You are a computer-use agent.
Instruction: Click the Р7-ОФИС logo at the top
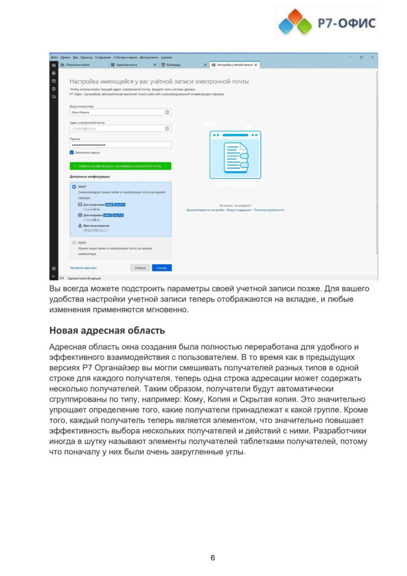(x=326, y=22)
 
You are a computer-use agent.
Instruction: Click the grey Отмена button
(x=140, y=268)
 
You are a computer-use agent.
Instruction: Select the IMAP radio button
(x=74, y=186)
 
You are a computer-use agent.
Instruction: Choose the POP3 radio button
(x=74, y=242)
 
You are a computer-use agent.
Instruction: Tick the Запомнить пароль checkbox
(x=72, y=152)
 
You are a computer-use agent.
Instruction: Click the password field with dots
(x=120, y=145)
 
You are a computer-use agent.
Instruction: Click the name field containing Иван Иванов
(x=120, y=112)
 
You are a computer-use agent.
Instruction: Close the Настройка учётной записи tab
(x=256, y=65)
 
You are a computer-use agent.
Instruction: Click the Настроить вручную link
(x=83, y=268)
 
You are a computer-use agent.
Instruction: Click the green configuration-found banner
(x=120, y=166)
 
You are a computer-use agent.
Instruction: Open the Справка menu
(x=166, y=57)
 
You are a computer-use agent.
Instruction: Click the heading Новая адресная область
(x=107, y=330)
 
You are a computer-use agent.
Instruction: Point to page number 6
(x=212, y=557)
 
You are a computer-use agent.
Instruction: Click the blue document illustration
(x=235, y=155)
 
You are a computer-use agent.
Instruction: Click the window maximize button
(x=361, y=57)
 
